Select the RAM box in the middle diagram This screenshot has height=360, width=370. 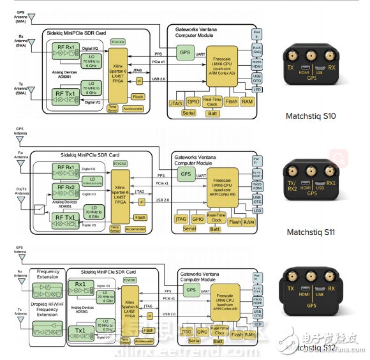(249, 221)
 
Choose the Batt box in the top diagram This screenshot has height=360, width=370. (212, 114)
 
